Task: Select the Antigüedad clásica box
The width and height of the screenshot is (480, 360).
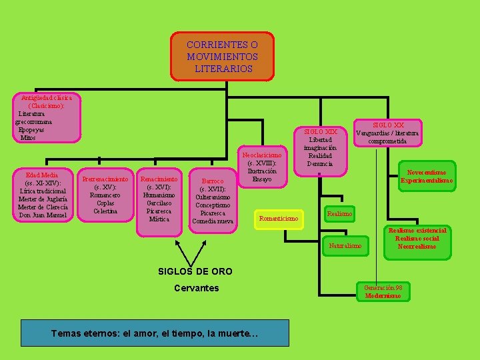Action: click(47, 117)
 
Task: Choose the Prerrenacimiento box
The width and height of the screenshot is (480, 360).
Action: click(105, 195)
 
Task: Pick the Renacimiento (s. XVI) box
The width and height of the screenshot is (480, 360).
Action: click(159, 199)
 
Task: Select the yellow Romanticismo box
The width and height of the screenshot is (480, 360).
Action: click(278, 219)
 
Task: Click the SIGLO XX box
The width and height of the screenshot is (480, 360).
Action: click(387, 133)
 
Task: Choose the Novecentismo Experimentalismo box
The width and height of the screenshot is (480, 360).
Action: click(427, 177)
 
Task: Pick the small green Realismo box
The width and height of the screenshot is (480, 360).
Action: click(339, 213)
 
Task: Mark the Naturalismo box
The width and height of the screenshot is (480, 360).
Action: click(345, 246)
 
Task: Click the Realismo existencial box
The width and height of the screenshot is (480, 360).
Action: click(417, 238)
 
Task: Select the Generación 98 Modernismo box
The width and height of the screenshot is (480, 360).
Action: click(383, 291)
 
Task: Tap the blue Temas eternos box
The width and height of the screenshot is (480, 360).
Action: click(155, 333)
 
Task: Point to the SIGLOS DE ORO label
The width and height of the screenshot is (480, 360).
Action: click(195, 271)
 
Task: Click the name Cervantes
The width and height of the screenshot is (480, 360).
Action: click(196, 288)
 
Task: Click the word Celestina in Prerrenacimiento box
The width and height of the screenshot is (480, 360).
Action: click(105, 211)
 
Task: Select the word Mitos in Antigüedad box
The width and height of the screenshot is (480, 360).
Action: click(28, 138)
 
